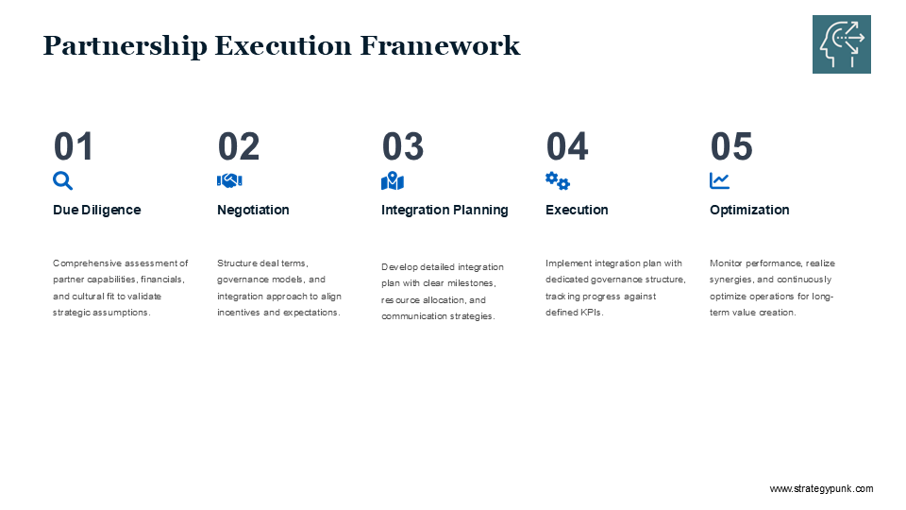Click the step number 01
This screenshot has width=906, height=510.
click(74, 146)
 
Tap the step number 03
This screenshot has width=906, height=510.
click(403, 146)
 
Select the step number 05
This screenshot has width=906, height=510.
click(731, 146)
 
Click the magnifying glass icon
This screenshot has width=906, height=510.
click(62, 181)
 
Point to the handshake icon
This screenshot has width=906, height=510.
click(229, 181)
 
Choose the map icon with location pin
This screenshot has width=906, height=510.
click(393, 181)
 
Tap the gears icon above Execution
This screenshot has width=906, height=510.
click(558, 181)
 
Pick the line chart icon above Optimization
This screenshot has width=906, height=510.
click(719, 181)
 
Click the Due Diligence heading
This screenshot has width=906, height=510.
click(97, 210)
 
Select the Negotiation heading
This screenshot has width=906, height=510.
click(253, 210)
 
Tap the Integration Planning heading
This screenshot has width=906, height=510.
click(445, 210)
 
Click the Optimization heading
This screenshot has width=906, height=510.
click(749, 210)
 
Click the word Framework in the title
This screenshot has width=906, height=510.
click(441, 45)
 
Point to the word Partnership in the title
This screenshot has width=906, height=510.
click(125, 46)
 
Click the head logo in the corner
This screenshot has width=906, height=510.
click(841, 44)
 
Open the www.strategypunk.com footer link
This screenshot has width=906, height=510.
click(822, 488)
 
